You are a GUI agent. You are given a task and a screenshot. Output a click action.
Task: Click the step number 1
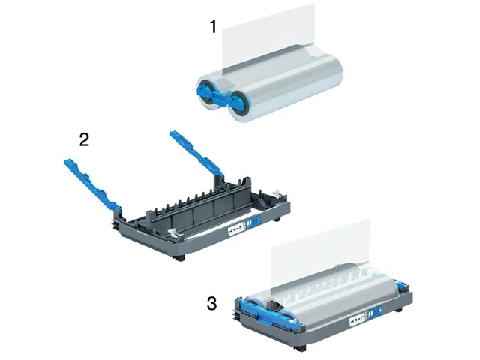[213, 27]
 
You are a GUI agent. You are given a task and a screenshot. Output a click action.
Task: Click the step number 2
[85, 139]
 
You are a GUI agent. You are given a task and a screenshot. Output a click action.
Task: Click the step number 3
[212, 303]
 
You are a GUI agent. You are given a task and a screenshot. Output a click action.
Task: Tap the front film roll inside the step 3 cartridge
[330, 300]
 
